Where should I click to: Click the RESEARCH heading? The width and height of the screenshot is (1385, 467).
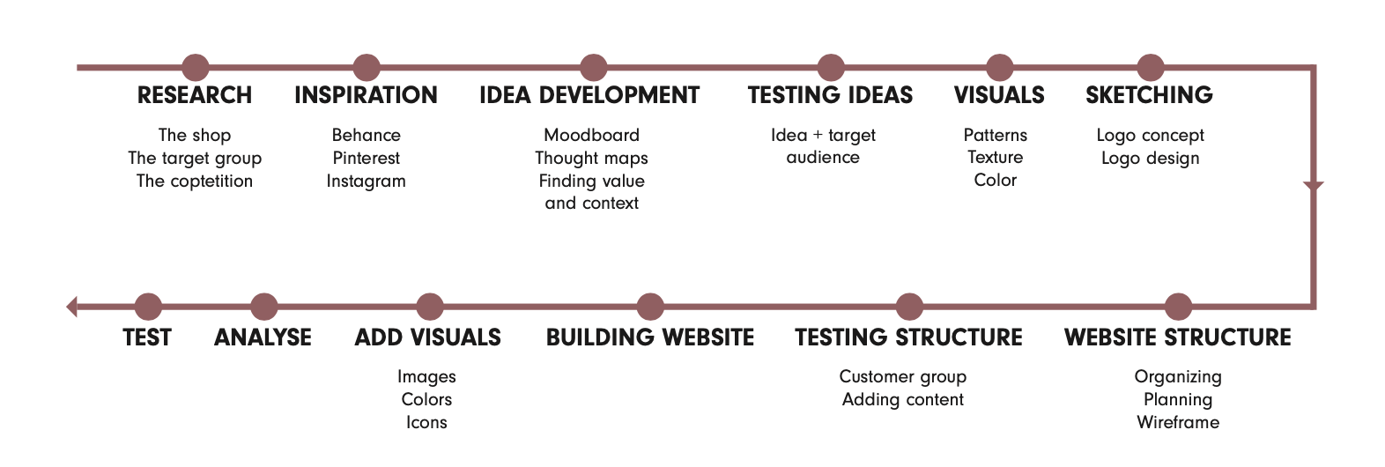pos(195,95)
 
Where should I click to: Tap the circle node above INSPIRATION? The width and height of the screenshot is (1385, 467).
pos(366,67)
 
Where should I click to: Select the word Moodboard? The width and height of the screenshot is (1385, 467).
pos(592,135)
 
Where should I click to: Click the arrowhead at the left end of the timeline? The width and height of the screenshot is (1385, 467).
pos(71,306)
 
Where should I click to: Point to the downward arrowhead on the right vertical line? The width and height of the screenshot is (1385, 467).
pos(1314,186)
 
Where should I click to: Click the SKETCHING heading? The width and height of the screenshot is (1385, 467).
pos(1150,95)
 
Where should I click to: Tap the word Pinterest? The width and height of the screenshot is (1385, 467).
pos(366,158)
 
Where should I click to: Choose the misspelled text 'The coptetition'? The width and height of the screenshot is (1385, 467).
pos(195,181)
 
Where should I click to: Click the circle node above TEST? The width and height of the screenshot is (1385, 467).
pos(148,306)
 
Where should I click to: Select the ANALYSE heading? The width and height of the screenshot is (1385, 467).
pos(263,337)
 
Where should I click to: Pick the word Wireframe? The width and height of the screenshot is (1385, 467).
pos(1178,422)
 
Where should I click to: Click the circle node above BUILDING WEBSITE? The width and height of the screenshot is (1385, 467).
pos(650,306)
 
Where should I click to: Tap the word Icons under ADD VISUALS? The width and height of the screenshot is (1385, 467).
pos(426,422)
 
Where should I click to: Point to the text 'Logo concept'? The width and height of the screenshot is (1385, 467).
pos(1150,136)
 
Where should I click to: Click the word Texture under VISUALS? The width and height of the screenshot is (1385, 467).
pos(996,157)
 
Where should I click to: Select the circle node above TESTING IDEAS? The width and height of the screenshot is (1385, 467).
pos(831,67)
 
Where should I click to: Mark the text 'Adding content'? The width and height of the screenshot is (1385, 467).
pos(903,400)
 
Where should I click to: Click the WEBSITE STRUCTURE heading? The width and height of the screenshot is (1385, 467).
pos(1178,337)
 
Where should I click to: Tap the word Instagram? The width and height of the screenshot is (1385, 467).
pos(366,182)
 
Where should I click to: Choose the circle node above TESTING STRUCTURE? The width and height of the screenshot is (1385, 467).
pos(909,306)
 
